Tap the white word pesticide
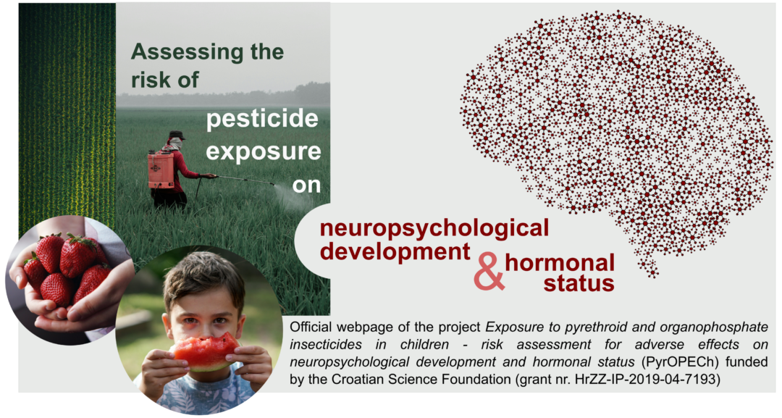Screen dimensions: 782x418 tap(262, 120)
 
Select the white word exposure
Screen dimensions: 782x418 tap(264, 152)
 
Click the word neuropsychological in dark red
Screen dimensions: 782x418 tap(434, 229)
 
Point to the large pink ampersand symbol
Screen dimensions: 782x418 tap(489, 271)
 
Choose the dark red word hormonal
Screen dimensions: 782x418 tap(560, 262)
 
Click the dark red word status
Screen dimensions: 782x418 tap(579, 283)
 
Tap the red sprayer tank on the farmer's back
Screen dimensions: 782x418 tap(161, 170)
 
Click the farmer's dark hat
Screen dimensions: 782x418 tap(177, 135)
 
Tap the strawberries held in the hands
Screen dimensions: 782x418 tap(67, 269)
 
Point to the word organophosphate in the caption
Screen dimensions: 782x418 tap(714, 327)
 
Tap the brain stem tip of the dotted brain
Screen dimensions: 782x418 tap(652, 272)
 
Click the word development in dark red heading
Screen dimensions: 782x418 tap(395, 252)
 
